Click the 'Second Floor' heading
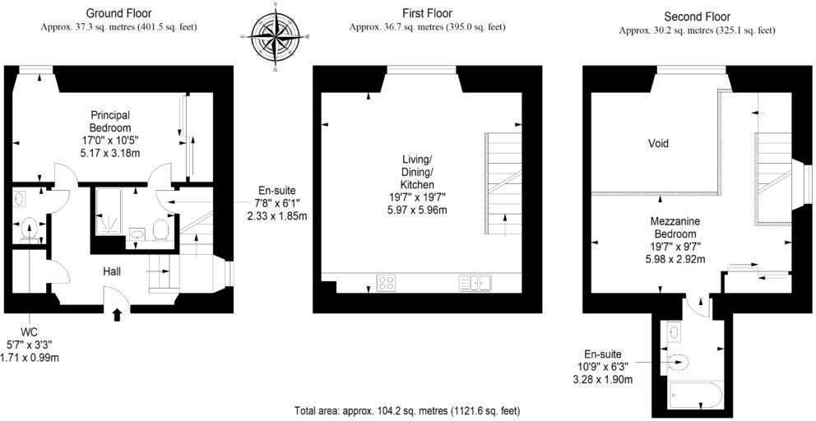point(697,16)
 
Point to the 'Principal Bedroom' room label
point(110,122)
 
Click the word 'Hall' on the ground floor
point(113,271)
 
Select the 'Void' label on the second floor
point(658,143)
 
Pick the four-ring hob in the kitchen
point(386,283)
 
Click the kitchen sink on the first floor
point(475,283)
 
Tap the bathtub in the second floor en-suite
point(696,395)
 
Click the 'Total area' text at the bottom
point(407,410)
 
